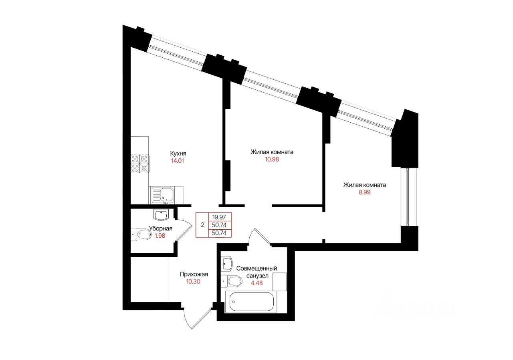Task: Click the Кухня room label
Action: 178,153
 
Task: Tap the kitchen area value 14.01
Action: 178,161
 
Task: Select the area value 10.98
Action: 272,160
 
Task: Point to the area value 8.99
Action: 364,192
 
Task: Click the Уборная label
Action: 161,229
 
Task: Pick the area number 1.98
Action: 160,236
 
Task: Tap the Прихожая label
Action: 194,274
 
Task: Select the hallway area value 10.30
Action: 193,282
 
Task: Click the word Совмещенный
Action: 256,268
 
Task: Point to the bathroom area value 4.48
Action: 257,283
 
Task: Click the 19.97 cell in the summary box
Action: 219,217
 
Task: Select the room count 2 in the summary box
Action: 202,225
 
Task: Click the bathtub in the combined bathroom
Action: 251,301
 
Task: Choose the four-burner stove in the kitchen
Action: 140,164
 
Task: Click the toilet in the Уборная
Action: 141,234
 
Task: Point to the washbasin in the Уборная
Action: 162,214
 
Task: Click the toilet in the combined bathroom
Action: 232,281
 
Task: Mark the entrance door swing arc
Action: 187,320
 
